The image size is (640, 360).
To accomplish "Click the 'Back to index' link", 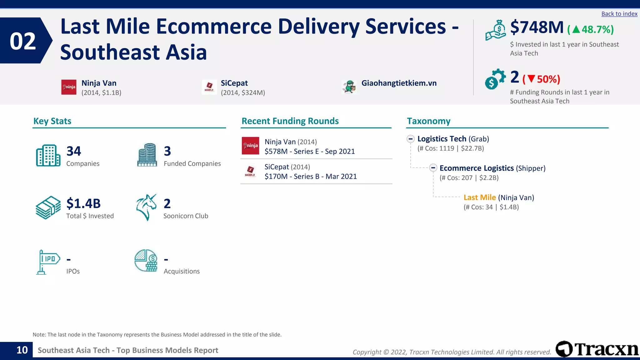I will (x=619, y=14).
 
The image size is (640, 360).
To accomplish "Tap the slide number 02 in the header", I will (x=23, y=41).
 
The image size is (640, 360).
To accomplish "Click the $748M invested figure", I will (x=537, y=27).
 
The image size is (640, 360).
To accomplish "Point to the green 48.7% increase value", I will (x=597, y=30).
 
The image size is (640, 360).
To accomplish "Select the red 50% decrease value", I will (x=548, y=79).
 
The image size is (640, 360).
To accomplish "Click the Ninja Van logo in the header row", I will (x=69, y=87).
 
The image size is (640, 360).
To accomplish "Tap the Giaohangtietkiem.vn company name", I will (x=399, y=83).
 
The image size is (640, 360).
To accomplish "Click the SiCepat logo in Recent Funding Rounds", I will (x=250, y=171).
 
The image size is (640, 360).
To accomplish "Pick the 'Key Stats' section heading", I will (x=52, y=121).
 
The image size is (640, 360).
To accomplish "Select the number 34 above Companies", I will (x=74, y=151).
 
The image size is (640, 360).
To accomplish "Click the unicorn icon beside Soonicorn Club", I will (x=146, y=207).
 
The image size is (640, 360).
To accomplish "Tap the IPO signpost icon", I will (x=48, y=262).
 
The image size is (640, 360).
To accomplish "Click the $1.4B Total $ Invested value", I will (x=83, y=203).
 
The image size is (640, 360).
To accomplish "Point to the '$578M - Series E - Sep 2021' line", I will (x=309, y=152).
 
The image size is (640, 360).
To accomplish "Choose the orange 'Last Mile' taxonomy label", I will (x=479, y=197).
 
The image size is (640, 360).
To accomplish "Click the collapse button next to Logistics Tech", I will (x=411, y=139).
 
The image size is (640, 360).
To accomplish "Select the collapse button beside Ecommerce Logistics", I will (x=433, y=168).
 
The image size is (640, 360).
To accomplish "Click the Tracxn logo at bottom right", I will (x=597, y=349).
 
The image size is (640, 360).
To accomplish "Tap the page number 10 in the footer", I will (x=22, y=350).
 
